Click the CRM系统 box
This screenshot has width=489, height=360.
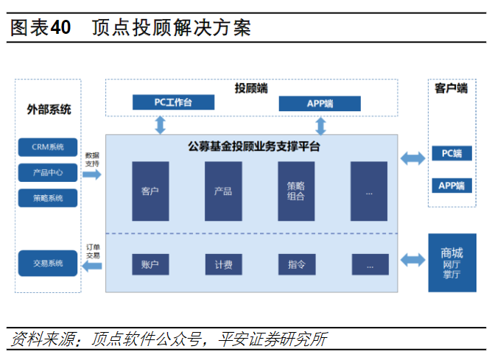tap(48, 147)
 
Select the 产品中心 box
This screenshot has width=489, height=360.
tap(48, 173)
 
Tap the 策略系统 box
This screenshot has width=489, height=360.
tap(48, 198)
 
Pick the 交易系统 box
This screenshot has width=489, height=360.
tap(48, 263)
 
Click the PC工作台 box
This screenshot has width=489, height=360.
tap(173, 102)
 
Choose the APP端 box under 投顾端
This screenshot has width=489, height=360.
tap(320, 103)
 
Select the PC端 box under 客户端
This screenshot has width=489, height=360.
tap(451, 154)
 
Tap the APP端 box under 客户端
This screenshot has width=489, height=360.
tap(451, 185)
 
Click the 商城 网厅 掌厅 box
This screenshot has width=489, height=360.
tap(451, 263)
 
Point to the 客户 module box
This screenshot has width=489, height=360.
tap(150, 191)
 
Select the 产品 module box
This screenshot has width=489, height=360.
tap(223, 191)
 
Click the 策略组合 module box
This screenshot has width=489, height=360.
tap(296, 191)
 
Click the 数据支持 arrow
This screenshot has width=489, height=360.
tap(92, 174)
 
